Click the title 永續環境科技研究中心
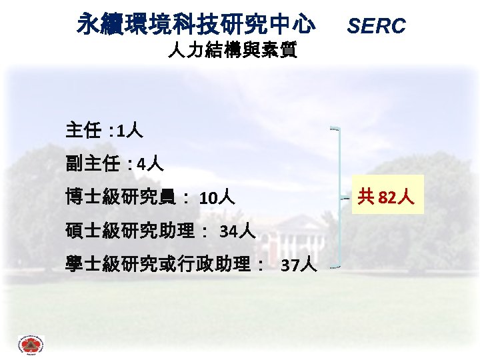point(196,25)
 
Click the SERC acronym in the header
point(376,27)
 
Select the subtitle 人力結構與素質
point(233,50)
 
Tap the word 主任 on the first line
point(83,129)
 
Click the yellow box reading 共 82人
point(387,196)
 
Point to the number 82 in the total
point(388,197)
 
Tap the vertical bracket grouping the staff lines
point(342,196)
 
